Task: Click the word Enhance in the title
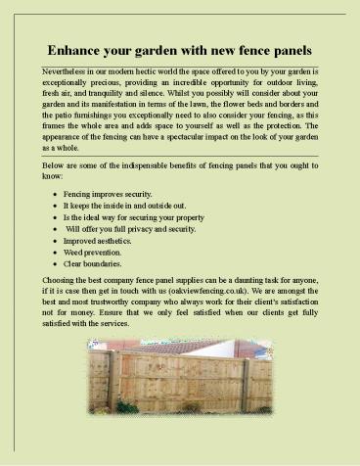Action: point(75,50)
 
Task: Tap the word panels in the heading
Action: point(286,50)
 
